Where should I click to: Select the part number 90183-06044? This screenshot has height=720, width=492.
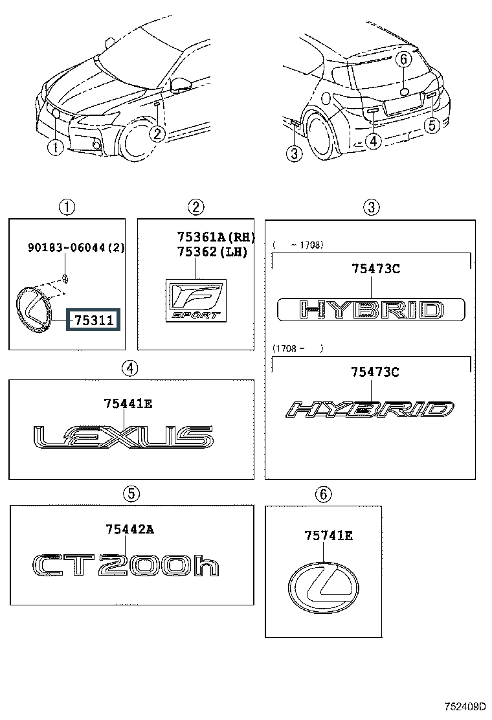pos(76,247)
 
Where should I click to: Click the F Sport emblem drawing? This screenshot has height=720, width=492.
pos(195,300)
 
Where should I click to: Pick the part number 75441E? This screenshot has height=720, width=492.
pos(128,404)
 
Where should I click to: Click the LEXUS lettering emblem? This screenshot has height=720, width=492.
pos(123,437)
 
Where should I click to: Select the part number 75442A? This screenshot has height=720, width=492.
pos(129,530)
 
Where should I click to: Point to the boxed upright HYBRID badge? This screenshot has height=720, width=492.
pos(371,309)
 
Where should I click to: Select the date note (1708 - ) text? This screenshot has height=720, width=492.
pos(297,348)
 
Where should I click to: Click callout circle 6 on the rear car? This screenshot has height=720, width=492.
pos(403,60)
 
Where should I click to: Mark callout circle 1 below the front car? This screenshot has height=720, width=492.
pos(56,148)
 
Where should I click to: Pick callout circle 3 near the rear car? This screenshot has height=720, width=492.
pos(295,153)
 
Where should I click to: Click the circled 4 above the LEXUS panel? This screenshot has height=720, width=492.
pos(129,368)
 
